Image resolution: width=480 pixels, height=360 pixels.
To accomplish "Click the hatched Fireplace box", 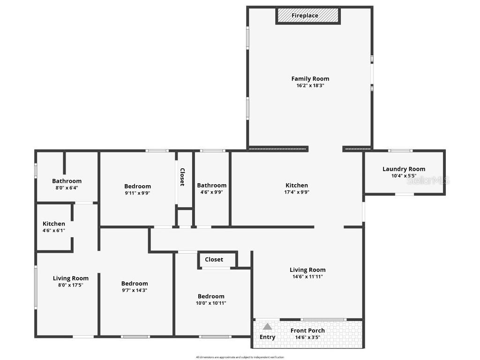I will pyautogui.click(x=307, y=15).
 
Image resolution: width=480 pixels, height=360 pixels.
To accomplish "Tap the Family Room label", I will pyautogui.click(x=310, y=79).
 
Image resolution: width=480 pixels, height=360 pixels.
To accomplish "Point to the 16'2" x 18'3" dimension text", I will pyautogui.click(x=310, y=86).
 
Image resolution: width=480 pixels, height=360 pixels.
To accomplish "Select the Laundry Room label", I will pyautogui.click(x=404, y=169).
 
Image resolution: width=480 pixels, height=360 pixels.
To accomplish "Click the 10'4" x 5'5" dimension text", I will pyautogui.click(x=404, y=176).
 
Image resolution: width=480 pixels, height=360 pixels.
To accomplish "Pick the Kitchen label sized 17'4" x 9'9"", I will pyautogui.click(x=297, y=185).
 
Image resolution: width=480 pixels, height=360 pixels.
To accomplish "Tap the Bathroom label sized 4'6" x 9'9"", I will pyautogui.click(x=211, y=185).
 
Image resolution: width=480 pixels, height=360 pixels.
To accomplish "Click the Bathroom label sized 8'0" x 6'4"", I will pyautogui.click(x=67, y=181).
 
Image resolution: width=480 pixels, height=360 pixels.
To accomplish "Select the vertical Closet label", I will pyautogui.click(x=182, y=177).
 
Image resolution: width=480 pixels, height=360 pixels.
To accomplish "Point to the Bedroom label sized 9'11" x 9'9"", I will pyautogui.click(x=137, y=186).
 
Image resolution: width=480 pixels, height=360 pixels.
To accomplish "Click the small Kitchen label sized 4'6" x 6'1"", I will pyautogui.click(x=54, y=224).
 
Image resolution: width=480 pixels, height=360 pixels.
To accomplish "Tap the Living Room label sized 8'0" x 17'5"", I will pyautogui.click(x=70, y=278).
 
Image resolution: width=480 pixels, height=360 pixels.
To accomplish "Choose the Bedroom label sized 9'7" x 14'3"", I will pyautogui.click(x=135, y=284).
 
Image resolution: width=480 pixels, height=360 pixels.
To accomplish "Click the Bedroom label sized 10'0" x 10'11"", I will pyautogui.click(x=211, y=296).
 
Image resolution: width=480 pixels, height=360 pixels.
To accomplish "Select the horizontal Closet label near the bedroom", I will pyautogui.click(x=214, y=260).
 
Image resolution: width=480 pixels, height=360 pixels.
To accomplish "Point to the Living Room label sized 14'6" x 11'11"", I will pyautogui.click(x=307, y=270).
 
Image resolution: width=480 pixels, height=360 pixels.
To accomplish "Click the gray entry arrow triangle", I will pyautogui.click(x=267, y=326).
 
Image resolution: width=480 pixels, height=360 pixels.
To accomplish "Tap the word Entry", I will pyautogui.click(x=267, y=337).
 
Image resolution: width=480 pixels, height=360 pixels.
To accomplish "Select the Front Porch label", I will pyautogui.click(x=307, y=330).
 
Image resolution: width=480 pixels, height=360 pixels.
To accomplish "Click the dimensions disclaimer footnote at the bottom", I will pyautogui.click(x=240, y=357).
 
